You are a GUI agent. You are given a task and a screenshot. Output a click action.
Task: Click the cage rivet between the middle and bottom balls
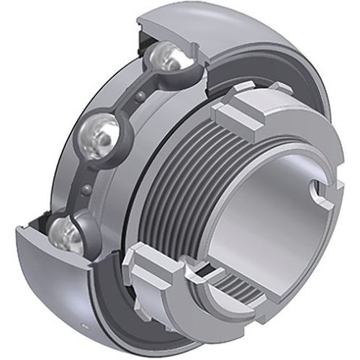(x=86, y=189)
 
